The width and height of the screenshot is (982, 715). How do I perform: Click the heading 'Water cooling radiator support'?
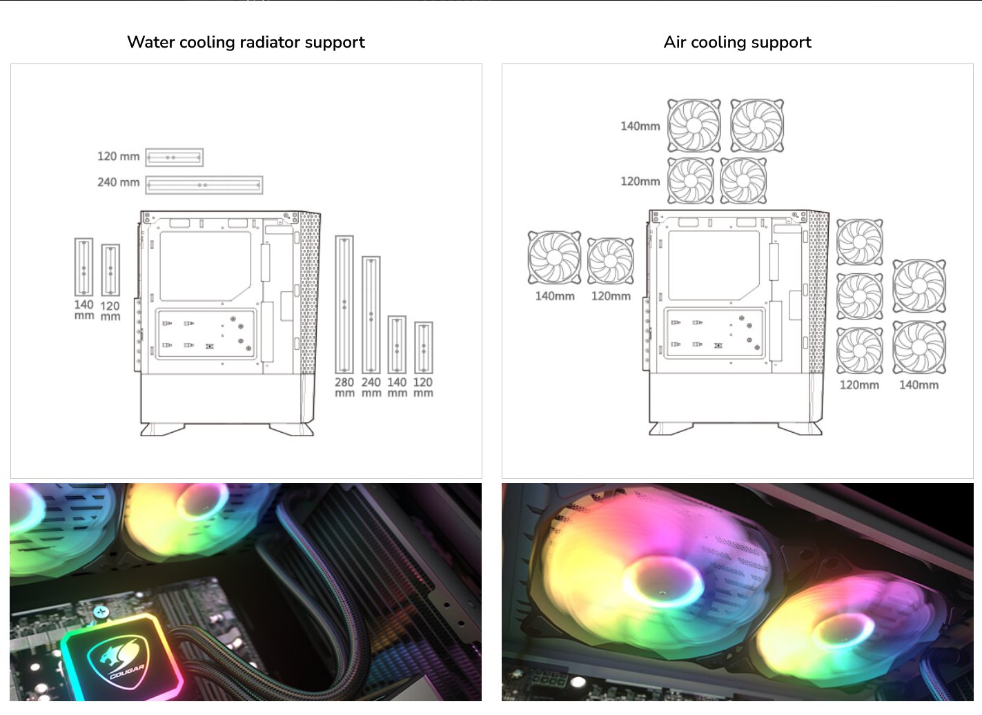click(x=246, y=42)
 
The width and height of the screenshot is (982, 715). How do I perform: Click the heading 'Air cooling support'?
click(x=737, y=42)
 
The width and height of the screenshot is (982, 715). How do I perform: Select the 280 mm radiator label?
click(x=344, y=387)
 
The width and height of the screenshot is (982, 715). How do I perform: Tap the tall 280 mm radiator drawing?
click(x=344, y=304)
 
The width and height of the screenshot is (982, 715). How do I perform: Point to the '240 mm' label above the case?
click(x=118, y=182)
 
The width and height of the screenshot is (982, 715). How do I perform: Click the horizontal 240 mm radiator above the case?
click(x=204, y=185)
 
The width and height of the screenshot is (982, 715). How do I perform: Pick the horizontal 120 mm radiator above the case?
click(x=174, y=157)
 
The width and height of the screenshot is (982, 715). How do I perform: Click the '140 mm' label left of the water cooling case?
click(x=84, y=310)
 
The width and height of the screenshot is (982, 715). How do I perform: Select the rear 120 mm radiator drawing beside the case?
click(x=110, y=270)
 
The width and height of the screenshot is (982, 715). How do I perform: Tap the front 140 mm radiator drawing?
click(x=397, y=345)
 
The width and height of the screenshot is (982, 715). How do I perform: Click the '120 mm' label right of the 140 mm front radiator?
click(x=423, y=387)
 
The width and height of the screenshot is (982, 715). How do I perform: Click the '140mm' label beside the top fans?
click(x=640, y=126)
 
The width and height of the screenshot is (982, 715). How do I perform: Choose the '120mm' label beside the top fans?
click(x=640, y=182)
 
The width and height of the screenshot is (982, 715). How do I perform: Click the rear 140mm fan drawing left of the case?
click(x=554, y=257)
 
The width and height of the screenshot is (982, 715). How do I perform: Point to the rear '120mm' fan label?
click(x=611, y=296)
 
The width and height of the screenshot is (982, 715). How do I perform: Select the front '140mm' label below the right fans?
click(x=919, y=385)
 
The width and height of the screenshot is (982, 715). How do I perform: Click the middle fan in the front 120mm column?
click(x=859, y=296)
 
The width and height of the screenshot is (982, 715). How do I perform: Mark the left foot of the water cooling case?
click(x=161, y=429)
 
